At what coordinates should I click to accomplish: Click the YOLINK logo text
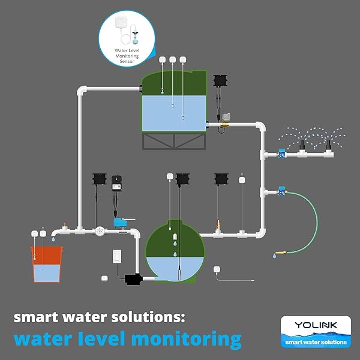coord(316,325)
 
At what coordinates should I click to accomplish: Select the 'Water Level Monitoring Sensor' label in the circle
coord(127,56)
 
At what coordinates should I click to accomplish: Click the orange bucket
coord(47,264)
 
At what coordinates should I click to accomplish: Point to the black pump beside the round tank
coord(133,280)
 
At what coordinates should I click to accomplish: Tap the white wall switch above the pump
coord(117,256)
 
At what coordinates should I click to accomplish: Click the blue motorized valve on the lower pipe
coord(121,223)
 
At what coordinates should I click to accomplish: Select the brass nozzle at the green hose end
coord(281,253)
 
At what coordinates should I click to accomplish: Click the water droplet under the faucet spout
coord(53,239)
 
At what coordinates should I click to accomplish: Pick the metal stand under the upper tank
coord(174,141)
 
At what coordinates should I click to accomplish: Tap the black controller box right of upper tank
coord(220,80)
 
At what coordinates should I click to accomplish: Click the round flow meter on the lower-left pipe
coord(100,231)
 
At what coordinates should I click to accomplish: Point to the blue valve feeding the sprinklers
coord(282,154)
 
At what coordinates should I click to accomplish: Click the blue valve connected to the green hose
coord(282,191)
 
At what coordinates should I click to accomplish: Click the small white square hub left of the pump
coord(104,278)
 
